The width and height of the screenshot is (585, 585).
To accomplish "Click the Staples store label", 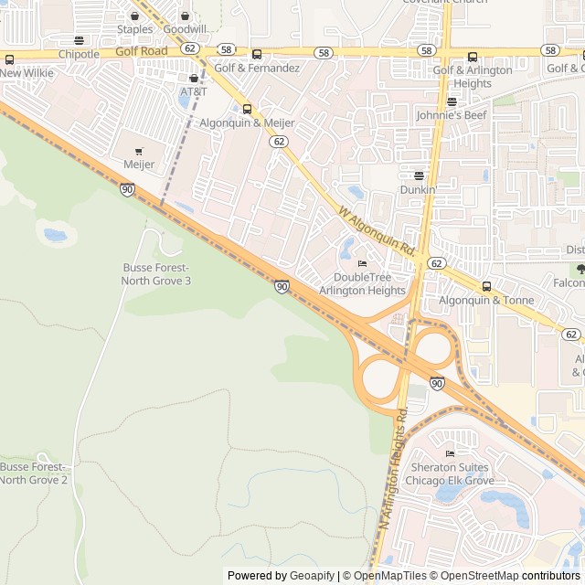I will [134, 29].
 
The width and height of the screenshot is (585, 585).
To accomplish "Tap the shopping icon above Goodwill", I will [186, 16].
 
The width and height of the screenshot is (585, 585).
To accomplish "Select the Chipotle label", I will [79, 54].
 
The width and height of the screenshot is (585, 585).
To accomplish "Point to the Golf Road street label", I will [142, 52].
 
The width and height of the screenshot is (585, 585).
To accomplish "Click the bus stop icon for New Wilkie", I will [9, 59].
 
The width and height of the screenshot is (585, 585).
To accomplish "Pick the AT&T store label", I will [194, 91].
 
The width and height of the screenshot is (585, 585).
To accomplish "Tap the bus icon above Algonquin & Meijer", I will [246, 109].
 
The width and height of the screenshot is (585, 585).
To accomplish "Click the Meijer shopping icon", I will [139, 152].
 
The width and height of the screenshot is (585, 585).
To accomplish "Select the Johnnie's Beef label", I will [452, 115].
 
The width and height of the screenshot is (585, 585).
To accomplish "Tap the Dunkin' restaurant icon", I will [419, 175].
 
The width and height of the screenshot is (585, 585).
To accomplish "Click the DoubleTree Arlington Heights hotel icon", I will [362, 264].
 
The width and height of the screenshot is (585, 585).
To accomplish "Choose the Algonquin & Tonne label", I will [486, 300].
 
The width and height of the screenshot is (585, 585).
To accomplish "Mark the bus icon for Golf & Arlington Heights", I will [473, 57].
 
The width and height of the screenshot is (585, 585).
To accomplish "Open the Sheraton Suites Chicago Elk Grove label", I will [450, 473].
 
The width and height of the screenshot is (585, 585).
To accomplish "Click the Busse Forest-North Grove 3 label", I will [156, 273].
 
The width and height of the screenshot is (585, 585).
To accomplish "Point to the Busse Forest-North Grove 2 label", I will [34, 473].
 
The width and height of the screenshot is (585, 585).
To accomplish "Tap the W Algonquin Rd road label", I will [378, 230].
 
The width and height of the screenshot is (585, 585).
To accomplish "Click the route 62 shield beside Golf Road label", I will [189, 48].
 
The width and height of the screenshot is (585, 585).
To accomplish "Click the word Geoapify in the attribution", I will [313, 576].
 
